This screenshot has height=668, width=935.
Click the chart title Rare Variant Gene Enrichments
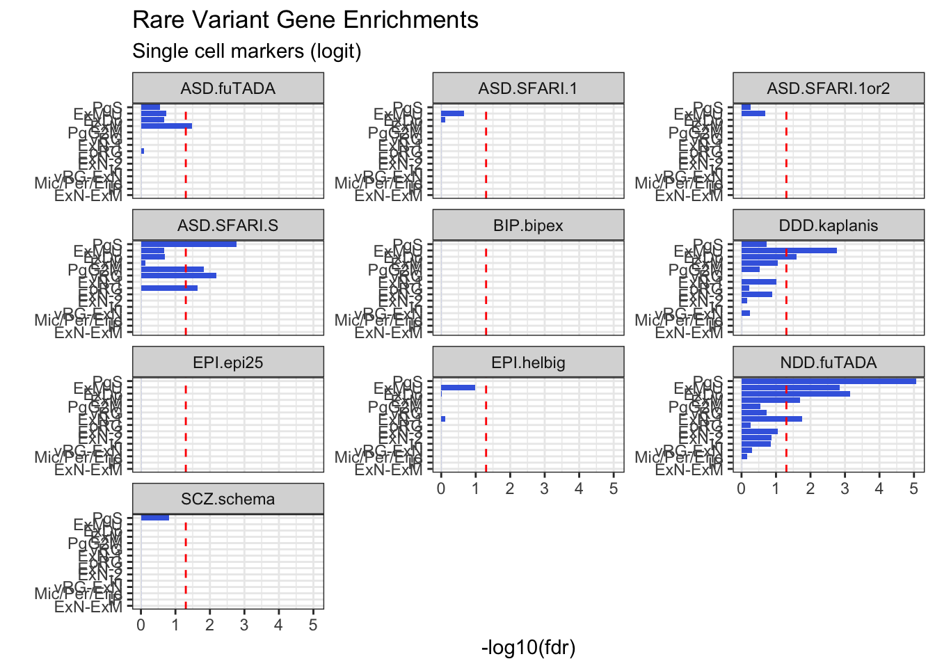305,20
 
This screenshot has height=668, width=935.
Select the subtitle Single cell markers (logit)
246,51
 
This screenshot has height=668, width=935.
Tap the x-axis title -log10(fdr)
528,648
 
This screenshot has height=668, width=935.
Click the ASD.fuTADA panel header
227,88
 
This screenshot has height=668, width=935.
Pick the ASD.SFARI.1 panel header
528,88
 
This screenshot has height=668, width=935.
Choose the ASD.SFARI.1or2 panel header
828,88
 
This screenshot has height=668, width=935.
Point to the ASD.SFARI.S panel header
227,225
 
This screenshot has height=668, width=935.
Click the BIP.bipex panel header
528,225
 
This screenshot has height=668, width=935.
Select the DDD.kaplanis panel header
828,225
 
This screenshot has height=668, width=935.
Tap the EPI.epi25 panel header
227,363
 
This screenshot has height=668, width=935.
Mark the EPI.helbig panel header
528,363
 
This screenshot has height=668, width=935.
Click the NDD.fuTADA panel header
828,363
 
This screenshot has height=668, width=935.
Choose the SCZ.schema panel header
227,499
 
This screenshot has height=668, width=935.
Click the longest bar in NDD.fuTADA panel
828,381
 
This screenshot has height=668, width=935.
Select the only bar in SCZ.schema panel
154,518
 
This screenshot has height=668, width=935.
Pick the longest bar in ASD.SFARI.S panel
188,244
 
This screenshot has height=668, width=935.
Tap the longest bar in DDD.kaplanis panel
788,250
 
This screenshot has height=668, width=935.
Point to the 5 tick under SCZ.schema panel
313,625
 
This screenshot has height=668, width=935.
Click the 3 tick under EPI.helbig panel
544,488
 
